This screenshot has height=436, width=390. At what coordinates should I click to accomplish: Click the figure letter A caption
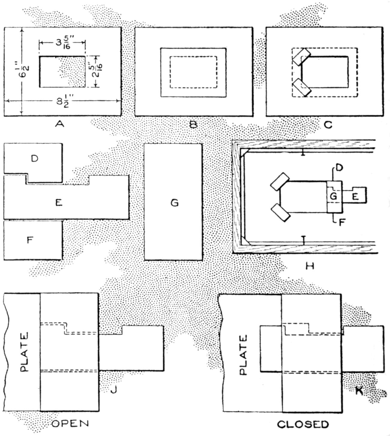coord(60,124)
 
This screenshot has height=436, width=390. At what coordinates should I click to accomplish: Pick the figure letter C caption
coord(328,124)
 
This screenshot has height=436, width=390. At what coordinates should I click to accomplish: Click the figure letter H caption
coord(309,265)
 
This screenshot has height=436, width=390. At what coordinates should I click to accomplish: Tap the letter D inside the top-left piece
coord(35,159)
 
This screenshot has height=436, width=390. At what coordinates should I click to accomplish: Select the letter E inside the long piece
coord(59,203)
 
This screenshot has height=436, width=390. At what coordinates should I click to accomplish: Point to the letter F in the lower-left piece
coord(29,240)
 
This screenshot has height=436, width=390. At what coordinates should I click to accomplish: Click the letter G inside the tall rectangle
coord(174,203)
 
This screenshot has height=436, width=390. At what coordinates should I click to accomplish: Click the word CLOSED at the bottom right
coord(303,424)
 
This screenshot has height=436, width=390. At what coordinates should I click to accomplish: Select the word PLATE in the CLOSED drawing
coord(243,355)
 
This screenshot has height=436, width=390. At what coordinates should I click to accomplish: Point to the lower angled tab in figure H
coord(280,213)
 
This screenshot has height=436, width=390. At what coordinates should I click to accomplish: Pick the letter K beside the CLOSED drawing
coord(359,391)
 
